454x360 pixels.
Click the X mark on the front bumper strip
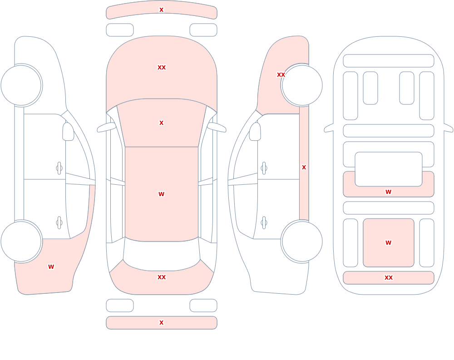click(161, 10)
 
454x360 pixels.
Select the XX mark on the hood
click(162, 68)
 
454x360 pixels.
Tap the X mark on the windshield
click(161, 123)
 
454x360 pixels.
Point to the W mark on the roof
click(161, 194)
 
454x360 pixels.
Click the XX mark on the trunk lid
click(162, 277)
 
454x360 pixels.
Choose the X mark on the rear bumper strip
click(161, 323)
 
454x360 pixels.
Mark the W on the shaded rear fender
click(51, 267)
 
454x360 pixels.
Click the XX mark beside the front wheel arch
click(281, 75)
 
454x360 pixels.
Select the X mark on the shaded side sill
click(304, 168)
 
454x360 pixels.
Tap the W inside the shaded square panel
click(388, 243)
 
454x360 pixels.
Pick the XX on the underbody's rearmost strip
click(389, 278)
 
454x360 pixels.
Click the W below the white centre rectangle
click(388, 192)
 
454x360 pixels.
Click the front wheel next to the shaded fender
click(302, 85)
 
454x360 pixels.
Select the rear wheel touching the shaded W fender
click(21, 242)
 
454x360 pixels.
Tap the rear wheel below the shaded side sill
click(302, 242)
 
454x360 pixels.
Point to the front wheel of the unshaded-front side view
click(21, 85)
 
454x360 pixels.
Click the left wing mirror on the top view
click(106, 127)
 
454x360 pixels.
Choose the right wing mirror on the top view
click(217, 127)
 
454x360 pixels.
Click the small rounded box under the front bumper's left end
click(120, 30)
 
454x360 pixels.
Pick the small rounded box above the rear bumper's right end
click(203, 306)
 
